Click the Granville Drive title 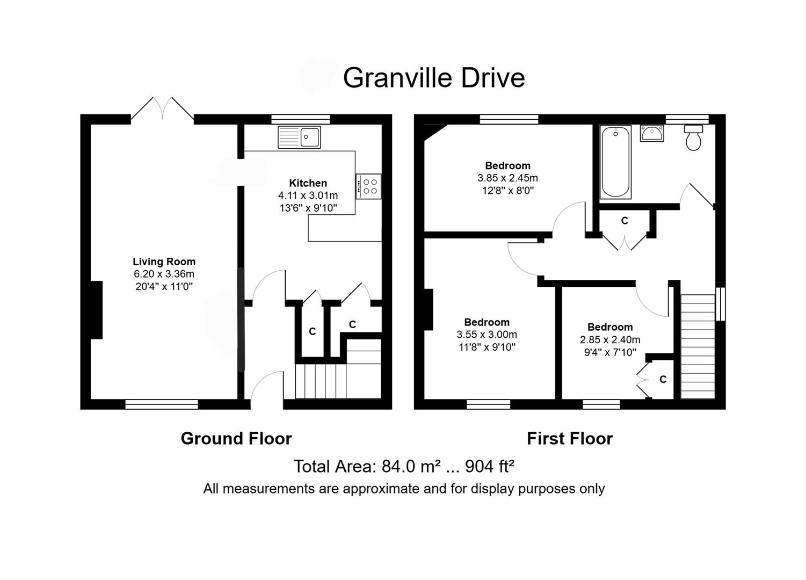click(x=433, y=78)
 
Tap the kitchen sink click(x=299, y=137)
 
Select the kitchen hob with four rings click(x=369, y=186)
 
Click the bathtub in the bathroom click(x=615, y=162)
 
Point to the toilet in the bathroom click(x=693, y=138)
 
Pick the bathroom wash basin click(x=652, y=133)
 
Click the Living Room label click(x=164, y=262)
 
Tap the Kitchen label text click(x=308, y=183)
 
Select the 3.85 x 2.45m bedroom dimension click(x=507, y=178)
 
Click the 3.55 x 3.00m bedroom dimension click(x=486, y=335)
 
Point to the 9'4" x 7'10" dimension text click(x=610, y=352)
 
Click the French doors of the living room click(x=162, y=109)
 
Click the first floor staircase click(x=698, y=346)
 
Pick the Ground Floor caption click(x=236, y=439)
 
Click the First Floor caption click(x=569, y=439)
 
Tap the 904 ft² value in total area click(x=490, y=467)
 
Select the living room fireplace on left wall click(x=97, y=310)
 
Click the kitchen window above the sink click(x=300, y=119)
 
